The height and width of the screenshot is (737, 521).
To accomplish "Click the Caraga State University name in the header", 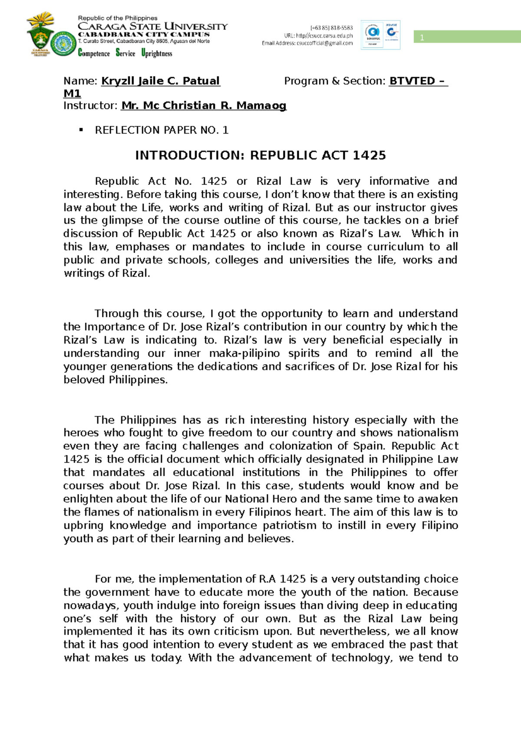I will click(x=152, y=26).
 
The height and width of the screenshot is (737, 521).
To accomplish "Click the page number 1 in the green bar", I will click(x=422, y=38).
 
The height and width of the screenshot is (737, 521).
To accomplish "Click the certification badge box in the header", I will click(x=380, y=35).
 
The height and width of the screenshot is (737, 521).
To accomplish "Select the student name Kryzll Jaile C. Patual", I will click(x=161, y=81).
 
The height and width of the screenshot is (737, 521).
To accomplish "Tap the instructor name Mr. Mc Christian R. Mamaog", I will click(x=204, y=106).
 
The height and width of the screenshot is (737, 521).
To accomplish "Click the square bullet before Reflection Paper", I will click(x=80, y=130).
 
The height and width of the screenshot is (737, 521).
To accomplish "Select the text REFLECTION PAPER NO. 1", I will click(x=162, y=130).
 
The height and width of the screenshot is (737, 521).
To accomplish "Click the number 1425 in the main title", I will click(x=369, y=155).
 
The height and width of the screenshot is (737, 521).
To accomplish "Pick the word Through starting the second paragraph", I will click(x=117, y=314).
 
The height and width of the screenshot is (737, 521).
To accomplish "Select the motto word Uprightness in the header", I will click(x=157, y=53).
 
